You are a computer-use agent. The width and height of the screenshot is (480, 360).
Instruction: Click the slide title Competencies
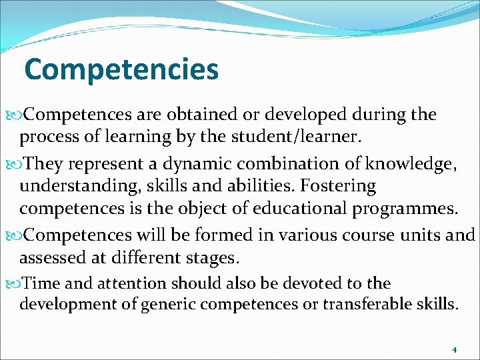(x=121, y=69)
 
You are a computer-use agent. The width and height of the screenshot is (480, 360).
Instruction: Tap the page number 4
(x=454, y=349)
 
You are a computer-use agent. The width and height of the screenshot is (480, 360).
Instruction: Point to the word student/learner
(x=304, y=137)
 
